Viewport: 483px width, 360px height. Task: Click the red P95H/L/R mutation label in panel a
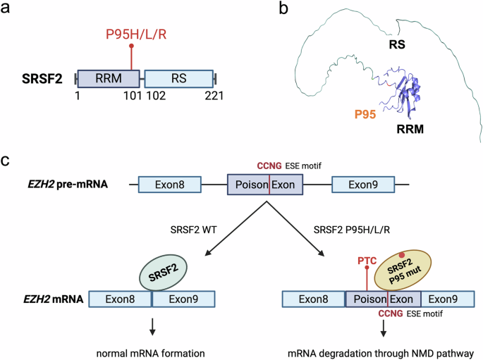[x=131, y=35]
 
